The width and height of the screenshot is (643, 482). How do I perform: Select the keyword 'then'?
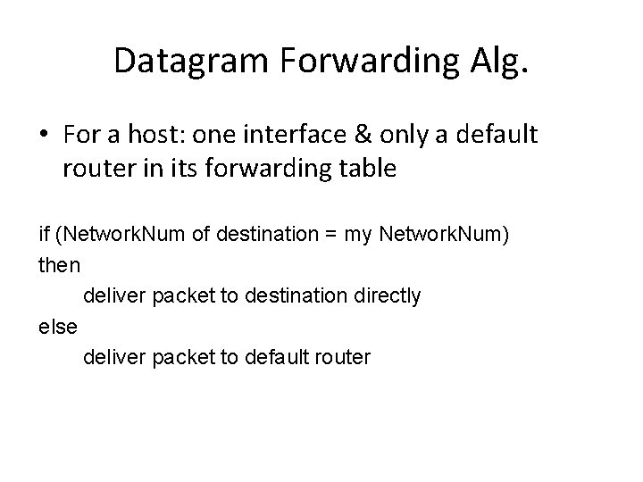60,265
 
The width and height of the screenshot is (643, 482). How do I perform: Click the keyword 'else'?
59,327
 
